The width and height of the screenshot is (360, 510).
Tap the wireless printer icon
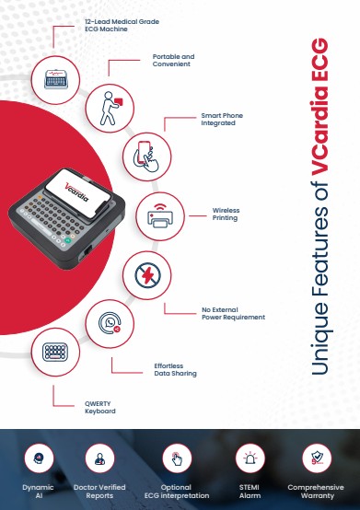pyautogui.click(x=159, y=215)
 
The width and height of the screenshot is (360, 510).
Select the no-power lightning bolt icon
pyautogui.click(x=147, y=275)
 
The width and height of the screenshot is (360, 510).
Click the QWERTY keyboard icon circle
pyautogui.click(x=55, y=352)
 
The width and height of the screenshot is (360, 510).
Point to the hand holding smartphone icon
pyautogui.click(x=146, y=156)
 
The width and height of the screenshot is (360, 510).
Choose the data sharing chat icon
pyautogui.click(x=110, y=323)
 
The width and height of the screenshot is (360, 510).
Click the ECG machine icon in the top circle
pyautogui.click(x=56, y=79)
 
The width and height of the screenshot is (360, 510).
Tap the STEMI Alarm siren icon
pyautogui.click(x=250, y=458)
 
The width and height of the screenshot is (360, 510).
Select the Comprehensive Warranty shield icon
pyautogui.click(x=317, y=458)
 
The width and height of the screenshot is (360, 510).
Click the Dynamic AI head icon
pyautogui.click(x=39, y=458)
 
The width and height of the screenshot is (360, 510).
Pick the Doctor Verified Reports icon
pyautogui.click(x=99, y=458)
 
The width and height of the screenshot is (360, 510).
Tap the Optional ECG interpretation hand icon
pyautogui.click(x=177, y=458)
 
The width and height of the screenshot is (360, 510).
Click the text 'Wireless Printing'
pyautogui.click(x=226, y=214)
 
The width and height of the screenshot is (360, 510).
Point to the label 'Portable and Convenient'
pyautogui.click(x=173, y=60)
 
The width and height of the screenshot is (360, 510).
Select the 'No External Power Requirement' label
pyautogui.click(x=233, y=314)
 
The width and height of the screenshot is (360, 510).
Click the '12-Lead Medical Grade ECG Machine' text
pyautogui.click(x=122, y=25)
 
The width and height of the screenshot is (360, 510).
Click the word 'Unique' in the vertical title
pyautogui.click(x=320, y=338)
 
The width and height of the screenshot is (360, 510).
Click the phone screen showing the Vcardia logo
pyautogui.click(x=78, y=192)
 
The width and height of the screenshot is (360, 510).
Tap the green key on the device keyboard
pyautogui.click(x=67, y=240)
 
